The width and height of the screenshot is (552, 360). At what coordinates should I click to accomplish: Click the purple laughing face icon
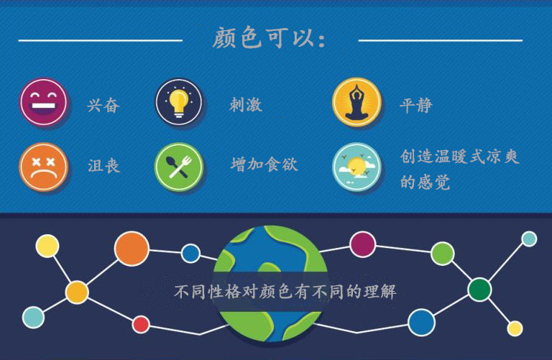coord(43,102)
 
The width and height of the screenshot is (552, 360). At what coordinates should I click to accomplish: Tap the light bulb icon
coord(179,102)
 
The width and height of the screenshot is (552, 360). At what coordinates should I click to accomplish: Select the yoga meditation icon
coord(356,102)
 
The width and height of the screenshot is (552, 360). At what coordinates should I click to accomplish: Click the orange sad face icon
coord(43,167)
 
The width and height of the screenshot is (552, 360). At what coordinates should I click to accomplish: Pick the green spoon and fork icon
coord(179,167)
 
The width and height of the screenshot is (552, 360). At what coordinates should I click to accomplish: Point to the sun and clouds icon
coord(356,167)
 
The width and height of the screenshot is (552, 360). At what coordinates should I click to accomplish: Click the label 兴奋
coord(103,105)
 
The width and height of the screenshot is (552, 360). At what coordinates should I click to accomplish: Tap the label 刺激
coord(246,104)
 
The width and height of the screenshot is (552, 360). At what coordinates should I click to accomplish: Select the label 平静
coord(416,105)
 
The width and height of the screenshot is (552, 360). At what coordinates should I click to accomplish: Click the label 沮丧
coord(103,166)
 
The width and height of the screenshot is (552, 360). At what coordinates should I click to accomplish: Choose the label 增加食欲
coord(264,165)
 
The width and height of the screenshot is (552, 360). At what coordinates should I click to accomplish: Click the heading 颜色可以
coord(270,38)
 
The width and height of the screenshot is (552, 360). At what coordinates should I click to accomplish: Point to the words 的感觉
coord(425,183)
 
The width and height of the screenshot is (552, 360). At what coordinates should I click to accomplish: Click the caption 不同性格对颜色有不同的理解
coord(285,292)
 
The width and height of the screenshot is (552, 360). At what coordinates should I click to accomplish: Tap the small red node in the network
coord(141,324)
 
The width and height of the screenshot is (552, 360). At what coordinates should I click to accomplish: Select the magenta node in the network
coord(362,244)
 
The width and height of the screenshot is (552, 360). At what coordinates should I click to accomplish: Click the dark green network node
coord(479,290)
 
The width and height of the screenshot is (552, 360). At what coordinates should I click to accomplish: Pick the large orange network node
coord(132,249)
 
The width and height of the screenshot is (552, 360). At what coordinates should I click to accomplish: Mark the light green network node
coord(443,254)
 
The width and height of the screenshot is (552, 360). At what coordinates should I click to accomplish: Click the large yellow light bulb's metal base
coord(178,113)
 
